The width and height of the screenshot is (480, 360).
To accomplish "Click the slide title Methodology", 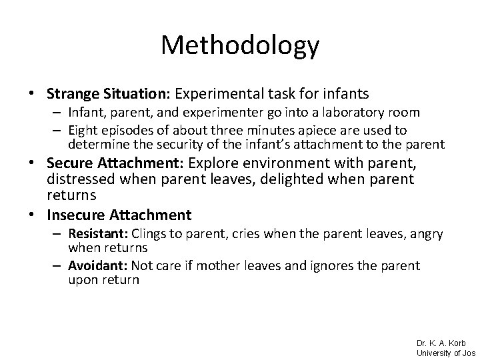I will pos(240,45).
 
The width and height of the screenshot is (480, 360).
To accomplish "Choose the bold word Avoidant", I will pos(97,266).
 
